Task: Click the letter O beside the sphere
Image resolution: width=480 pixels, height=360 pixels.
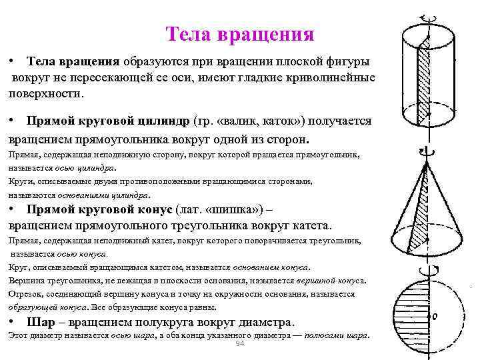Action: [x=434, y=317]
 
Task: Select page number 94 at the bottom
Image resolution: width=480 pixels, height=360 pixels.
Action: [x=241, y=343]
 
